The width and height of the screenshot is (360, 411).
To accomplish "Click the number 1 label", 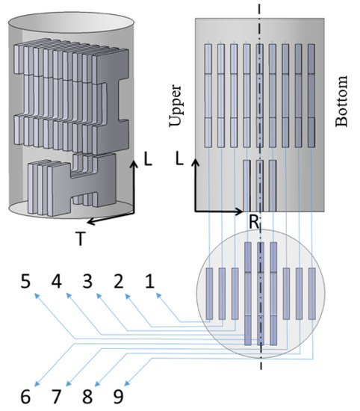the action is [149, 281].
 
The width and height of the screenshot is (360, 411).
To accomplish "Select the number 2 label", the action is [119, 281].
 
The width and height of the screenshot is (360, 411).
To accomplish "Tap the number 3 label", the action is [87, 281].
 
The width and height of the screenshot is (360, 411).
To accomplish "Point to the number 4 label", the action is [56, 281].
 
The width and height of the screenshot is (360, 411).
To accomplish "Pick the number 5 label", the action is [25, 281].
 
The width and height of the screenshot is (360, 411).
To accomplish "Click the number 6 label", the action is [25, 397].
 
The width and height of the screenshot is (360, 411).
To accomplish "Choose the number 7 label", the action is [56, 397].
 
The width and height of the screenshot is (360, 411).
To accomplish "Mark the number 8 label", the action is [87, 397].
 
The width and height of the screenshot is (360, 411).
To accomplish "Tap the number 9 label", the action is [119, 397].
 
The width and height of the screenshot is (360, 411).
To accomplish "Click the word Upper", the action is [176, 105].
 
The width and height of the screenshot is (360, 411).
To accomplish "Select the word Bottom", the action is [341, 101].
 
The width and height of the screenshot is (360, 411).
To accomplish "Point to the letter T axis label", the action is [81, 238].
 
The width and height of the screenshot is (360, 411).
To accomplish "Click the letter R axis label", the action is [254, 222].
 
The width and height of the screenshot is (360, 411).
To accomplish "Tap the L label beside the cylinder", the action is [148, 159].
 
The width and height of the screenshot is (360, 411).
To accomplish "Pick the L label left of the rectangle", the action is [179, 159].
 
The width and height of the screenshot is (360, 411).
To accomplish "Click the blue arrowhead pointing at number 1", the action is [158, 295].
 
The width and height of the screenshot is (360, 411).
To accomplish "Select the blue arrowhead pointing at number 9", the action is [127, 383].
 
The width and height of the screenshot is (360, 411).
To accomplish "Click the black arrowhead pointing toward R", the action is [239, 211].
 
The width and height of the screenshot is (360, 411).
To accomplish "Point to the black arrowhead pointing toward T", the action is [91, 222].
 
